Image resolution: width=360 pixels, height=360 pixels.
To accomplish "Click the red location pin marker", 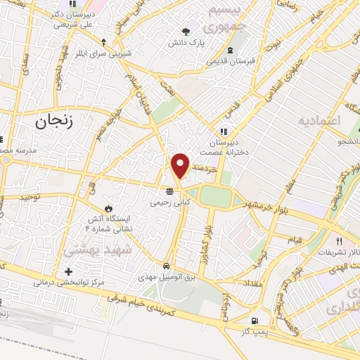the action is pos(181,165).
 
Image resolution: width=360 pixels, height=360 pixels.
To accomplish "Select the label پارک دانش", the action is pos(186,43).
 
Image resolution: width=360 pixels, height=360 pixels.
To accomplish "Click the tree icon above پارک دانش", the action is pos(186,32).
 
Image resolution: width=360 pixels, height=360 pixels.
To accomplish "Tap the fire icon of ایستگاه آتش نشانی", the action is pos(108,208).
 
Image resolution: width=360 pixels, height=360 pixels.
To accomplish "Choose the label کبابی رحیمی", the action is pos(169,202).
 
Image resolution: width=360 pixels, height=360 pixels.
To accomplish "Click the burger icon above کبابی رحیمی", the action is pos(169,191).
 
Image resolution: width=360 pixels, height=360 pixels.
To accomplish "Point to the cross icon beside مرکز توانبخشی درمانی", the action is pos(68,271).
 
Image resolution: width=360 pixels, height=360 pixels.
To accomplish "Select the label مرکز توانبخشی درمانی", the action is pos(68,283).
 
